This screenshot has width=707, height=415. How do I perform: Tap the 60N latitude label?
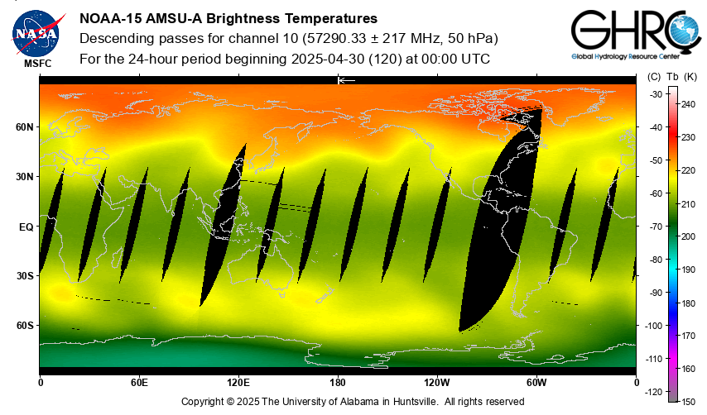click(25, 127)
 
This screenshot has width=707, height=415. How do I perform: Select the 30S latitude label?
click(25, 275)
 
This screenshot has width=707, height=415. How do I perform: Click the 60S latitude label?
click(25, 325)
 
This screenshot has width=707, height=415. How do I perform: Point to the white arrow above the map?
click(346, 80)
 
